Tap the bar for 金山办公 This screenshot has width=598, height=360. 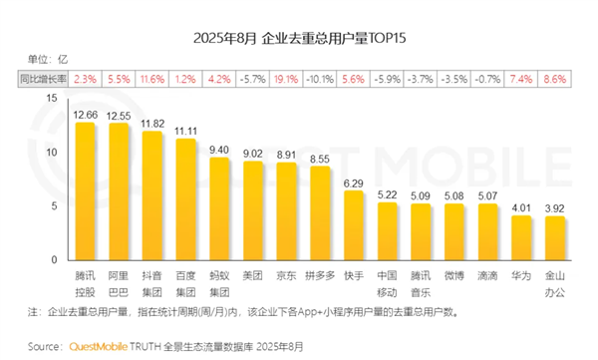coord(555,235)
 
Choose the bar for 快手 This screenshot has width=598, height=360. coord(354,223)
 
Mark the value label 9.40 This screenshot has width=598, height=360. coord(219,149)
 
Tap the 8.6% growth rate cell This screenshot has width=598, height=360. coord(555,77)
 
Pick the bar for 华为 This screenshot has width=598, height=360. coord(521,234)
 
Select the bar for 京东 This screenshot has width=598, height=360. coord(287,209)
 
